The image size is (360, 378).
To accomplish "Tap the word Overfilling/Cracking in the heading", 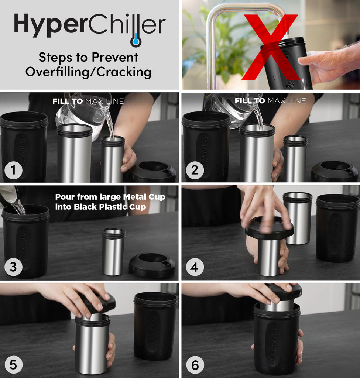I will (x=88, y=72).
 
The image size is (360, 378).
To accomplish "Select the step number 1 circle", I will (x=13, y=170).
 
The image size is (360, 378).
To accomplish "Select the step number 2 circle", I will (x=195, y=170).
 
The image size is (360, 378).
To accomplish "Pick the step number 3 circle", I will (x=13, y=267).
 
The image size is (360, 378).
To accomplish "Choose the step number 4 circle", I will (x=195, y=267).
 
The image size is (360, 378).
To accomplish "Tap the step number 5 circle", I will (x=13, y=365).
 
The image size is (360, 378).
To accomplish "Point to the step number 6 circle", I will (x=195, y=365).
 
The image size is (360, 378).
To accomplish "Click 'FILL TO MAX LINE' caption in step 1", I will (x=88, y=101).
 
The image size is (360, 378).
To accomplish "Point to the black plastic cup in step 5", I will (x=155, y=325).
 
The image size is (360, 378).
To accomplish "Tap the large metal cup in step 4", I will (x=297, y=218).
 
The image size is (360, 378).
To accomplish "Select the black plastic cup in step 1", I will (x=24, y=148).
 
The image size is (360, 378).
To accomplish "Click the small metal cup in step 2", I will (x=295, y=159).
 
